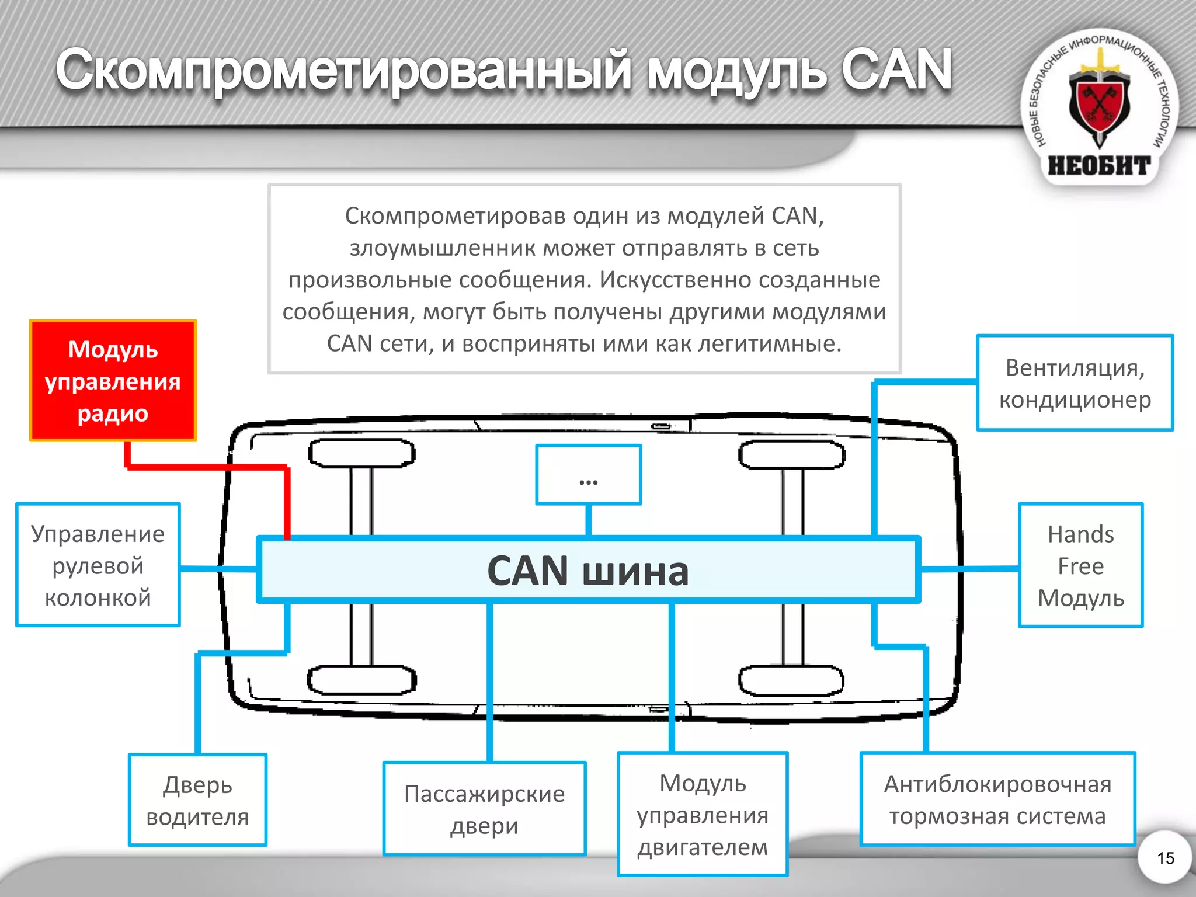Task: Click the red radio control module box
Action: pyautogui.click(x=113, y=380)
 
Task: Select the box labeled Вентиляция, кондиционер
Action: pyautogui.click(x=1075, y=383)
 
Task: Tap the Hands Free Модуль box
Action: pyautogui.click(x=1080, y=565)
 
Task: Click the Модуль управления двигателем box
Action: pyautogui.click(x=703, y=814)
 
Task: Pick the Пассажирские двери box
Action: pyautogui.click(x=484, y=809)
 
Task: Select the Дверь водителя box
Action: pyautogui.click(x=197, y=800)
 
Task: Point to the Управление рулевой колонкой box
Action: pyautogui.click(x=98, y=565)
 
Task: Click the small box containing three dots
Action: pyautogui.click(x=589, y=475)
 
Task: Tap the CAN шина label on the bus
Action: pyautogui.click(x=587, y=571)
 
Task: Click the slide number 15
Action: pyautogui.click(x=1165, y=858)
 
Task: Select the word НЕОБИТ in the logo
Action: pyautogui.click(x=1099, y=166)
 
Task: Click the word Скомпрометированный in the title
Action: pyautogui.click(x=343, y=71)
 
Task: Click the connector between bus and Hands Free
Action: pyautogui.click(x=969, y=568)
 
